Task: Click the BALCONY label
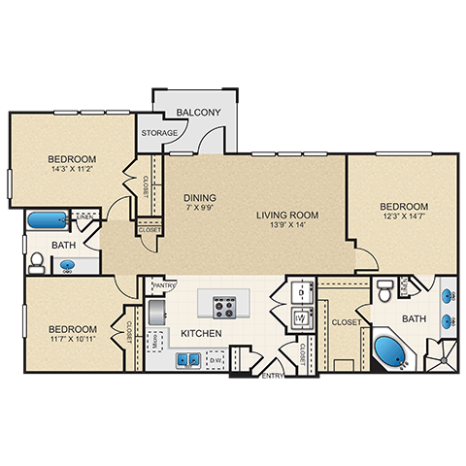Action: click(200, 113)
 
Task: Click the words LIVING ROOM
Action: click(287, 215)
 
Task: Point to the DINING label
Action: click(199, 196)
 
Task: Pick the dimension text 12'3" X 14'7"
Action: click(403, 218)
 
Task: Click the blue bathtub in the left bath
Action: click(45, 220)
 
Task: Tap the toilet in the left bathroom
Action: click(36, 262)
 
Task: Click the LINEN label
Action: click(85, 216)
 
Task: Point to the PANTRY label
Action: click(163, 285)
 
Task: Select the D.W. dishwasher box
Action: click(215, 359)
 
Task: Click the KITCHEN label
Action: click(202, 334)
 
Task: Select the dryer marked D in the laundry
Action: click(301, 291)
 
